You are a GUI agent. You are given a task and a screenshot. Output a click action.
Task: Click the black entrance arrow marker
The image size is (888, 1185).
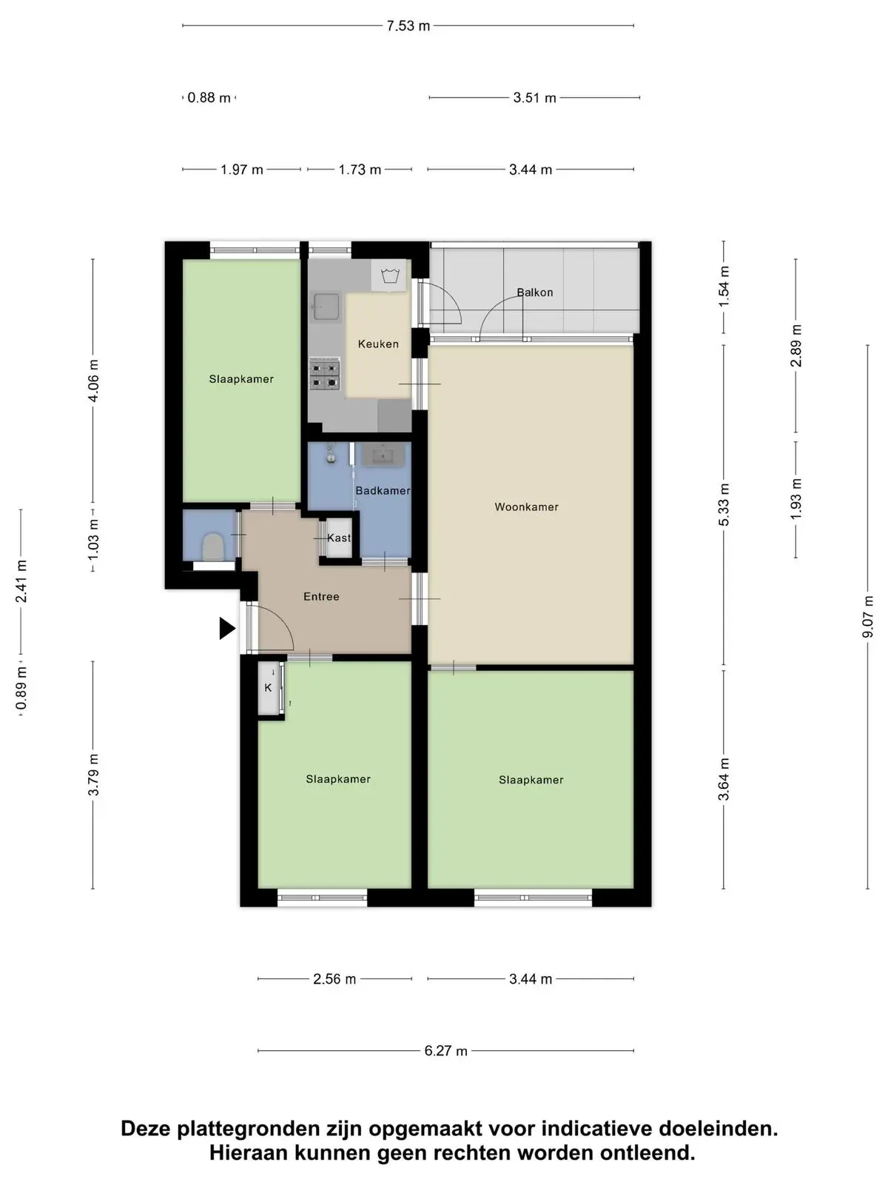(x=227, y=628)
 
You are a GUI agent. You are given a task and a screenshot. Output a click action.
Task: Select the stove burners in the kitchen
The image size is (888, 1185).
(x=324, y=375)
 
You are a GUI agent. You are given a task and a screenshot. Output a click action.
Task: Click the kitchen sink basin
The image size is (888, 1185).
(x=326, y=306)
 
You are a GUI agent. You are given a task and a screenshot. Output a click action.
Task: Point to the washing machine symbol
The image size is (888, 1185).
(x=388, y=276)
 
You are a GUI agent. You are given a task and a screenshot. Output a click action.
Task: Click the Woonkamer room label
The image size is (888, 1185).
(x=526, y=507)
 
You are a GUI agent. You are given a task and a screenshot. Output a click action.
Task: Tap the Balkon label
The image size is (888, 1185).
(x=535, y=293)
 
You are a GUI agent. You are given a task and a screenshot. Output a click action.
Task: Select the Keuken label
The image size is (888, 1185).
(x=378, y=344)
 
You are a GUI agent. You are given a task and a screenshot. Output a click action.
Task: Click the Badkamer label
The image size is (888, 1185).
(x=383, y=490)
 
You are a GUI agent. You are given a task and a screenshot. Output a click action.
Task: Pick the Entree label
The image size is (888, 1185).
(x=321, y=596)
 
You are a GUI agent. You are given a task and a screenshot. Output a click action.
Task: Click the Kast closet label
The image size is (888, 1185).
(x=339, y=538)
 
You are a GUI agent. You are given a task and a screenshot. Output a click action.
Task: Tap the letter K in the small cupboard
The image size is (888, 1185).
(x=268, y=688)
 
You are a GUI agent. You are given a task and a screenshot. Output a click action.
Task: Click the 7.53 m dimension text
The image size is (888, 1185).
(x=408, y=26)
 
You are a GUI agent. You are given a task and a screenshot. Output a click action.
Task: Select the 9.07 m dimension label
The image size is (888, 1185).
(x=867, y=616)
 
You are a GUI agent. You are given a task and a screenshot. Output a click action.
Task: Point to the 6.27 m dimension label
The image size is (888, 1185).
(x=446, y=1050)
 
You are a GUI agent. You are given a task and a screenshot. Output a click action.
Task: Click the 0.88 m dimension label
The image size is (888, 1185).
(x=209, y=98)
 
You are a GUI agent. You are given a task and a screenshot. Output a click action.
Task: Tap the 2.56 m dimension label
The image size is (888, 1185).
(x=334, y=979)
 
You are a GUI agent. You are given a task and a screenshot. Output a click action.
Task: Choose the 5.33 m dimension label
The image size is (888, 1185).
(x=724, y=505)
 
